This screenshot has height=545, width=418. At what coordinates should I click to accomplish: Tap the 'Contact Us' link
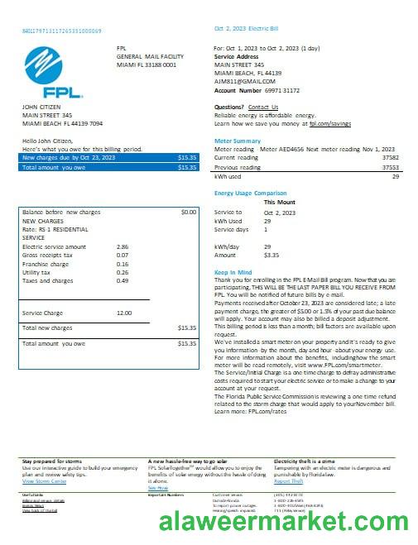click(263, 107)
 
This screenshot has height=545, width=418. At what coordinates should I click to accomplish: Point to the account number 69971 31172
click(282, 89)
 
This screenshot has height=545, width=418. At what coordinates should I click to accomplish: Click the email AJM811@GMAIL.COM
click(244, 81)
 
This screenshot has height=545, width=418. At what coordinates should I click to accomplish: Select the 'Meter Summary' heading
click(238, 141)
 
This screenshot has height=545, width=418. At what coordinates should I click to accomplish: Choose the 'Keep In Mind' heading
click(232, 271)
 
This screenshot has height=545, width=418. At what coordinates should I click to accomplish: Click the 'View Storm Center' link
click(46, 480)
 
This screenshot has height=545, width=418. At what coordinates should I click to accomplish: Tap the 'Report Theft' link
click(289, 480)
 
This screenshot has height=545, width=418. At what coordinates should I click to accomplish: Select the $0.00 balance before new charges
click(188, 212)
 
